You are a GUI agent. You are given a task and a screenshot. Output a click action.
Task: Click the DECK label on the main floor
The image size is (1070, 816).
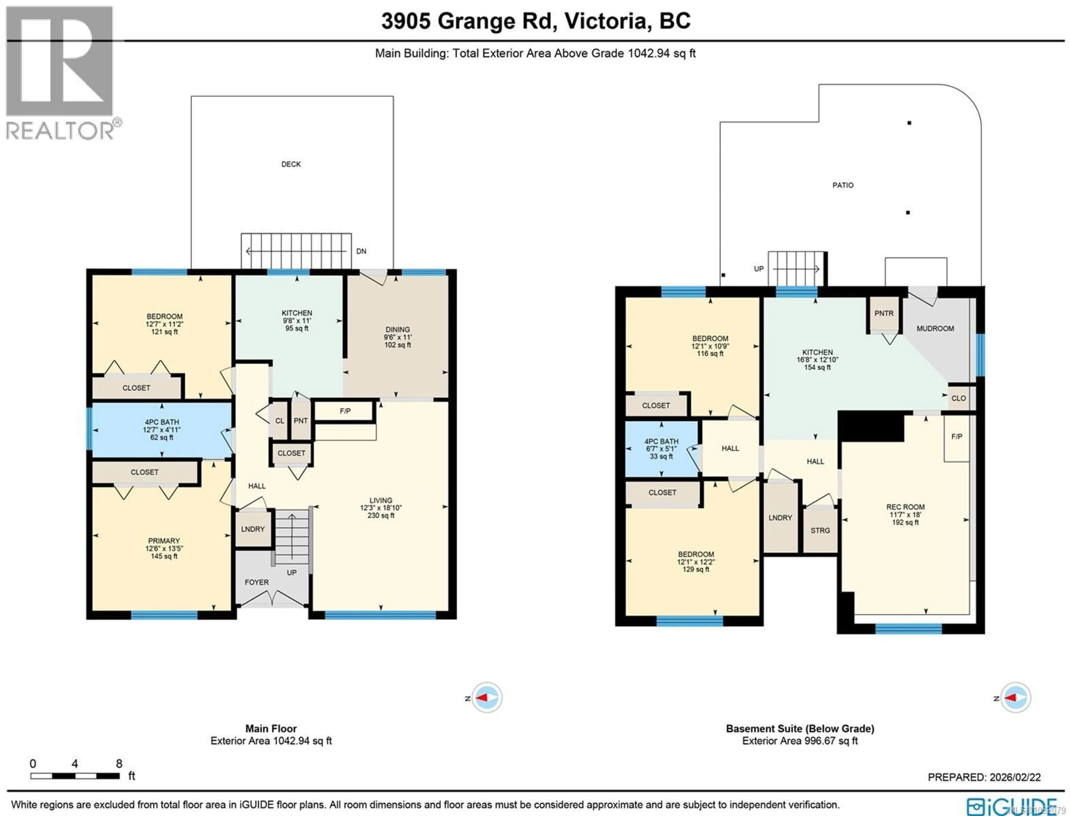click(291, 164)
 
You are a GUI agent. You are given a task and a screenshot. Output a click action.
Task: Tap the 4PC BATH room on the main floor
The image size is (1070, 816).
click(162, 429)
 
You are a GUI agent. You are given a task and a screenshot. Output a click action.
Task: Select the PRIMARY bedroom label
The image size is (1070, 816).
click(164, 541)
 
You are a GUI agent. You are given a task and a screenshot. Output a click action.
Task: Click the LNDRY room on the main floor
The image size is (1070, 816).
click(252, 529)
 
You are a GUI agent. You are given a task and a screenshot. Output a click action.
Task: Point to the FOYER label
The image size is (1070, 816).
click(256, 582)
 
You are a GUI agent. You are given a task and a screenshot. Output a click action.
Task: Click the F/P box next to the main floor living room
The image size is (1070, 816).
click(345, 411)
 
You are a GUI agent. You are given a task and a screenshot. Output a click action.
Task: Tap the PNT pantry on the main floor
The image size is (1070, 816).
click(301, 421)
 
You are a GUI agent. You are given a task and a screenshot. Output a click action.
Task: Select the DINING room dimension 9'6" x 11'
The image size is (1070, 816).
click(397, 337)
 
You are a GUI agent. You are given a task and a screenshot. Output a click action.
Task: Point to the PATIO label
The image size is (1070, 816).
click(843, 185)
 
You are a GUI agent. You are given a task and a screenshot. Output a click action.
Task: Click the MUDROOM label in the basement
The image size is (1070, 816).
click(935, 328)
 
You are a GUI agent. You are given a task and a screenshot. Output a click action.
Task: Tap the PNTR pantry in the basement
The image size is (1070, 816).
click(884, 313)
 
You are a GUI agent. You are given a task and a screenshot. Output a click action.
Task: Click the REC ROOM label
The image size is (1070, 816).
click(905, 507)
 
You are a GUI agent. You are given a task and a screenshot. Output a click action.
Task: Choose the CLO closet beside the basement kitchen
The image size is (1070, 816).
click(958, 398)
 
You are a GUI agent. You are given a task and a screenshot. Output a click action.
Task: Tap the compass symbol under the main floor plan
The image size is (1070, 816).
click(487, 698)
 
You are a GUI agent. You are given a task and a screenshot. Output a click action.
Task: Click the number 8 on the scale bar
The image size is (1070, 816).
click(119, 764)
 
